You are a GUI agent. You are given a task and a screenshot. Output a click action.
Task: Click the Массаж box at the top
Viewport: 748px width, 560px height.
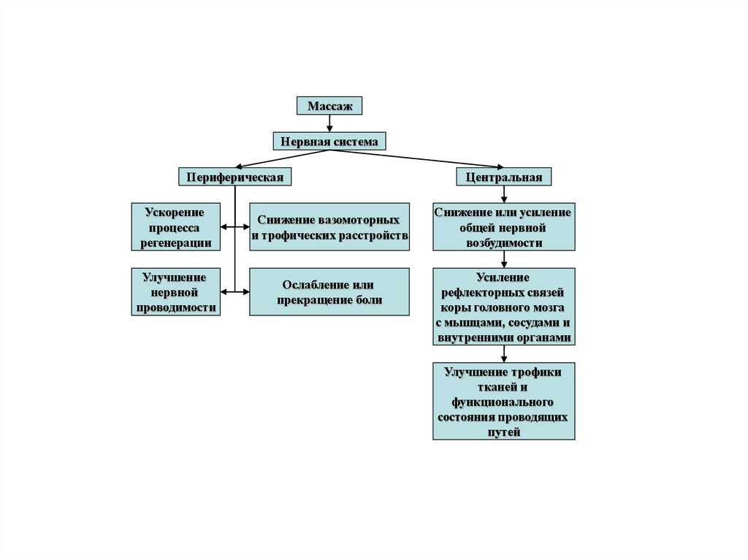329,106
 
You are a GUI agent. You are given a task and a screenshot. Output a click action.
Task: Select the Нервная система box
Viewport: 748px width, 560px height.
329,142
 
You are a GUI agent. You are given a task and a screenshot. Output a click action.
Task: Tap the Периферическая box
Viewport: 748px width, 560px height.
234,177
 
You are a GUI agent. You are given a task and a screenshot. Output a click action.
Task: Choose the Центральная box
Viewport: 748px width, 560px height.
503,177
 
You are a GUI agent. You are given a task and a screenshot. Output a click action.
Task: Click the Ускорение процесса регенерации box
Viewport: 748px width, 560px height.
175,227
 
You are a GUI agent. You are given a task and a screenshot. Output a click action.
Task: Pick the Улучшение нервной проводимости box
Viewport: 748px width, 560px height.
175,292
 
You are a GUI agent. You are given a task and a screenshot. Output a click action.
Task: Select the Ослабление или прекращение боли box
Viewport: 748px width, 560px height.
329,292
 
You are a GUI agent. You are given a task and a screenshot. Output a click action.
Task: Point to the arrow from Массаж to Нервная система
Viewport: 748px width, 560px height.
329,124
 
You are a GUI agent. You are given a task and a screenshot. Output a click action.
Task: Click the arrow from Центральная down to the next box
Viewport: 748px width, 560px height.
503,194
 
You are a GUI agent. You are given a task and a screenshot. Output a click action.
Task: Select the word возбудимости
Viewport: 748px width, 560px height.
503,243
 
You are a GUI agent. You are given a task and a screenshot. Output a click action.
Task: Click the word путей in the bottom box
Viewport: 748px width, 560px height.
503,432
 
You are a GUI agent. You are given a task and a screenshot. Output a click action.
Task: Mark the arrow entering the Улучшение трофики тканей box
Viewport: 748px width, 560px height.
503,354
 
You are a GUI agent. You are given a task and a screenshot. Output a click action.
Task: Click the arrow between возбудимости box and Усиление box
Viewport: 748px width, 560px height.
503,259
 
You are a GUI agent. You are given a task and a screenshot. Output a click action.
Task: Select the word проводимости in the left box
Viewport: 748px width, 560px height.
175,308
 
